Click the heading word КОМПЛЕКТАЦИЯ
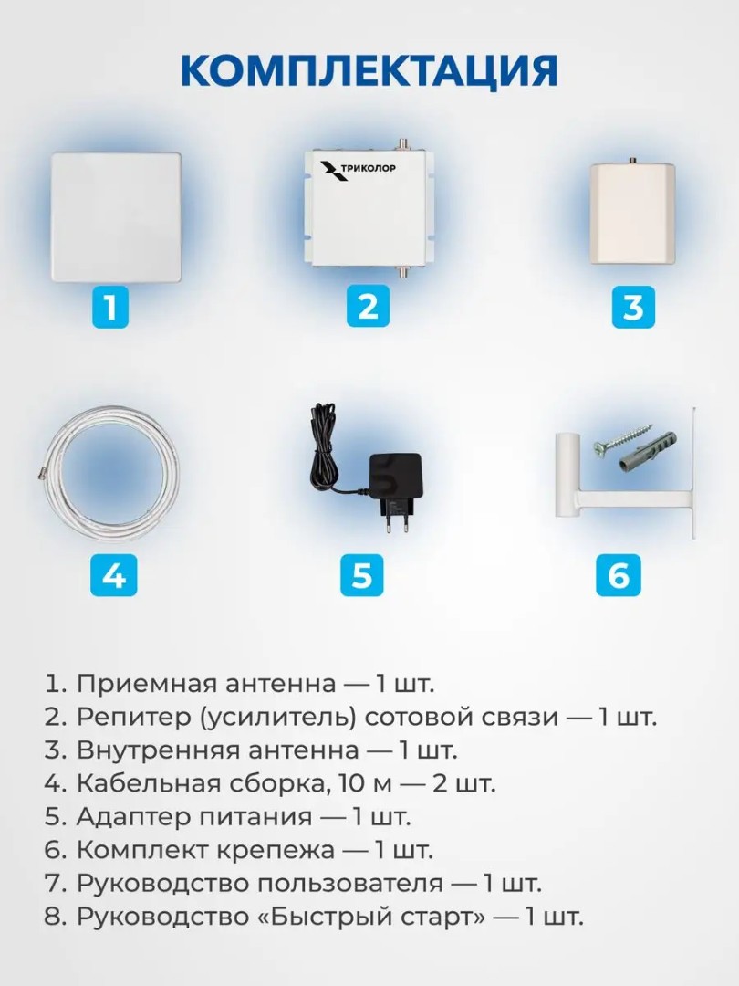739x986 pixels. tap(369, 70)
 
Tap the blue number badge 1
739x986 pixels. tap(110, 307)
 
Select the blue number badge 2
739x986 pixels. tap(369, 306)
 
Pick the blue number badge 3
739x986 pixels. tap(633, 306)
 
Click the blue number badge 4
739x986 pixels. tap(114, 575)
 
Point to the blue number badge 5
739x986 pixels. tap(362, 575)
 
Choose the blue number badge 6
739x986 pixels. tap(619, 575)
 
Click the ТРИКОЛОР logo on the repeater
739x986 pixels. tap(359, 170)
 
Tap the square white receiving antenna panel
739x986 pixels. tap(116, 217)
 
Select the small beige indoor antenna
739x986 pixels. tap(633, 213)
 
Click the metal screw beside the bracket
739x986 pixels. tap(618, 442)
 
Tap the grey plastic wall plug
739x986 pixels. tap(649, 452)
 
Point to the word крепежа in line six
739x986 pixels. tap(276, 852)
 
